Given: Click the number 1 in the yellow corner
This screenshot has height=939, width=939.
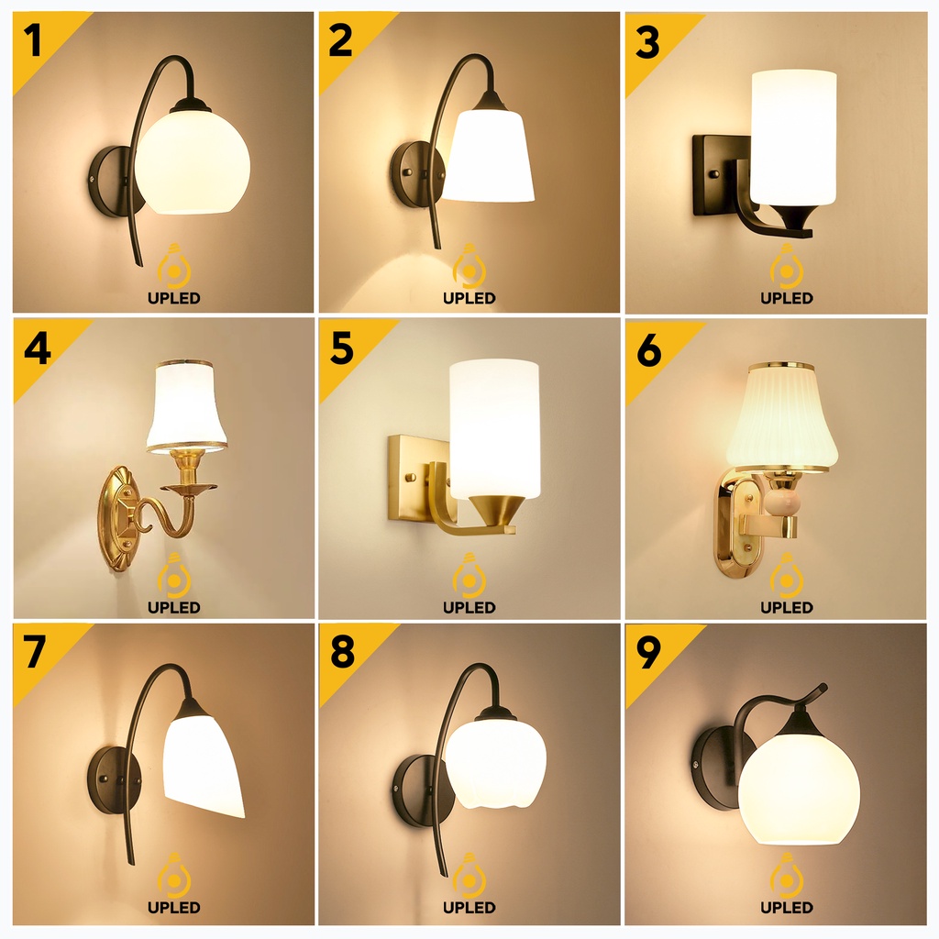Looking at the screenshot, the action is click(x=34, y=40).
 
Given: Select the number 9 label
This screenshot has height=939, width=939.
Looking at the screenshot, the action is click(x=648, y=652).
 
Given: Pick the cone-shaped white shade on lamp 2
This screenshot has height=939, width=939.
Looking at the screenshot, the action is click(x=489, y=156).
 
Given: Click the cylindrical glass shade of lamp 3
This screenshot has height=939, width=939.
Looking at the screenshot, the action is click(x=793, y=138).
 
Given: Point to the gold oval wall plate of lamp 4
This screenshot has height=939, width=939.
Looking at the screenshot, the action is click(x=120, y=519).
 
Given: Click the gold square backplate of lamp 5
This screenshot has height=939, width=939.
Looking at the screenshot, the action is click(x=414, y=478).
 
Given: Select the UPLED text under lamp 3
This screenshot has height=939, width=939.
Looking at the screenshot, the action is click(x=786, y=298).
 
